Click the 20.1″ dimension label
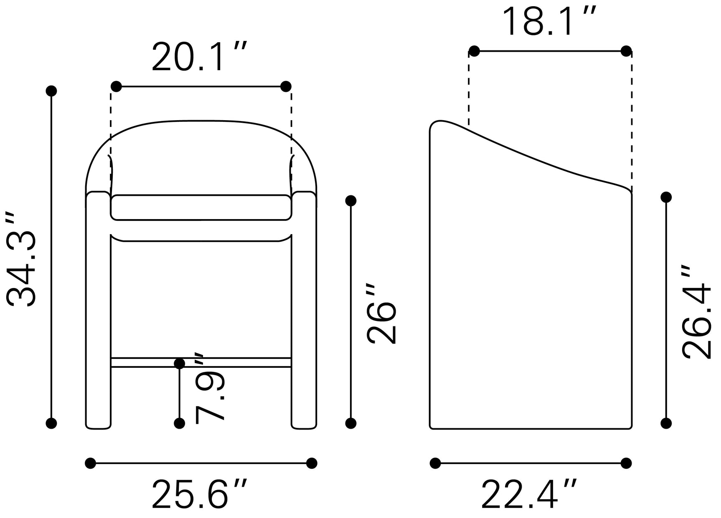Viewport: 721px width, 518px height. (x=200, y=57)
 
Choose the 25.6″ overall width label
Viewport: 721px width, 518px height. (x=200, y=495)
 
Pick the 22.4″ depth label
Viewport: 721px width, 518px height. (x=530, y=495)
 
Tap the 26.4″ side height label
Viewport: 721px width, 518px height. (x=696, y=312)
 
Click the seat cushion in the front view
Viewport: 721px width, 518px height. (x=201, y=207)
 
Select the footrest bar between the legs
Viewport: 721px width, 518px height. (x=201, y=362)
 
